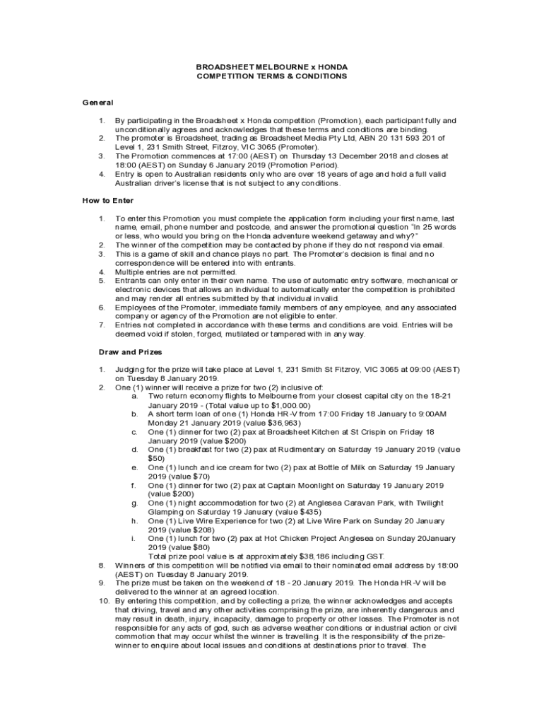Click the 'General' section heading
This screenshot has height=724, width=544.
coord(98,103)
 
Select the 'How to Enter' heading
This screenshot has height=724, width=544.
coord(107,201)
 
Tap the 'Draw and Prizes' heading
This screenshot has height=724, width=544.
coord(130,351)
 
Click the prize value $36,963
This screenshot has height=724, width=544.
coord(248,422)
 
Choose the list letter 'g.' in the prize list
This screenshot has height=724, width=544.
coord(134,503)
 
